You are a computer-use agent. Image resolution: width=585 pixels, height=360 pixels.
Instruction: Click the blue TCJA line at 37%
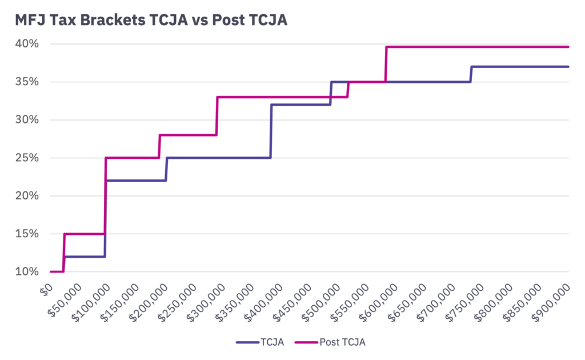coord(520,67)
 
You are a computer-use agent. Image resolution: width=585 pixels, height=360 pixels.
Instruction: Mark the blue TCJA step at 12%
coord(86,257)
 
